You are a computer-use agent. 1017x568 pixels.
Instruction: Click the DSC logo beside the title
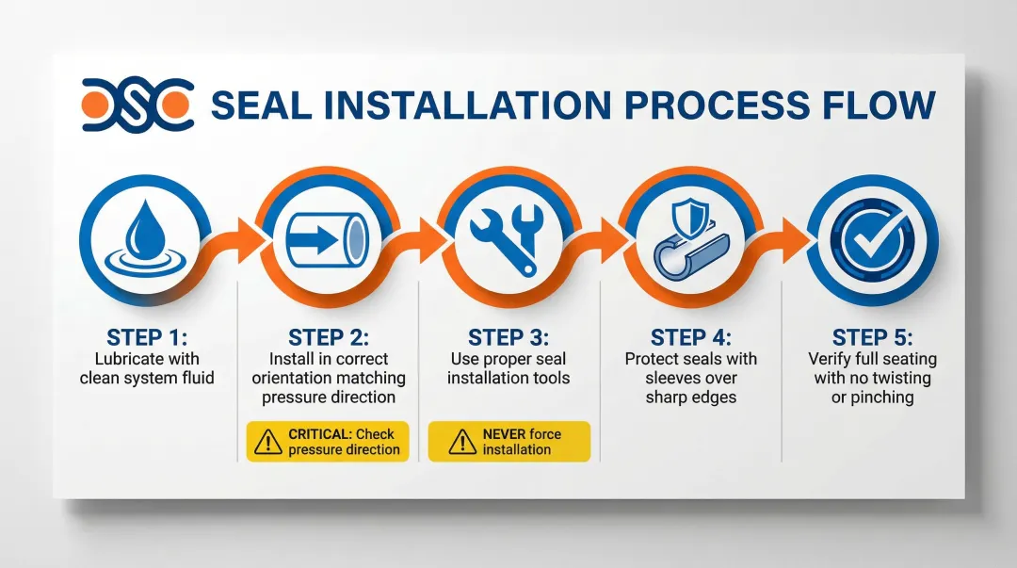137,105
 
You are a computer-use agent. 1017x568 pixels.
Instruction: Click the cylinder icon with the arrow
328,239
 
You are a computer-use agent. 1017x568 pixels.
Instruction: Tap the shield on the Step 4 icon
689,219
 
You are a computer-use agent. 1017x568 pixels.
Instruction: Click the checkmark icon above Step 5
872,240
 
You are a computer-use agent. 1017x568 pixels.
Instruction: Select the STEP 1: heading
147,337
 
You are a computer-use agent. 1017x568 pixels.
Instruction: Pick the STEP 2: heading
329,337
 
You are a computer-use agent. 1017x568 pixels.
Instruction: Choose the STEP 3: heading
508,337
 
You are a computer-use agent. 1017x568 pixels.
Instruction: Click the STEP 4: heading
691,337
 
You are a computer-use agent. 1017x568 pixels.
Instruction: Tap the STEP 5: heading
872,337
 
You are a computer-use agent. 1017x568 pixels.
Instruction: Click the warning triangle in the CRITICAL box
267,442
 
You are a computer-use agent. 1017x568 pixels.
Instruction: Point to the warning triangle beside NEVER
462,442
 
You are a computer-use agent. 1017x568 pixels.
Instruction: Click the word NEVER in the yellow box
504,434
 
